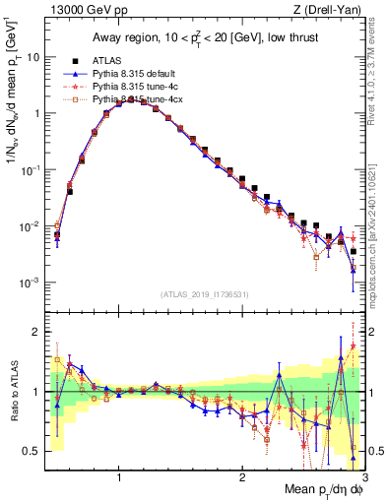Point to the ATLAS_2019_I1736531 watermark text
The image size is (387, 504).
(x=205, y=294)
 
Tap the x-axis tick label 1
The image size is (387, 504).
(x=119, y=477)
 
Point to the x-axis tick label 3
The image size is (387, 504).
(x=363, y=477)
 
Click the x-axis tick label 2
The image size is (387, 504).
(x=241, y=477)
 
